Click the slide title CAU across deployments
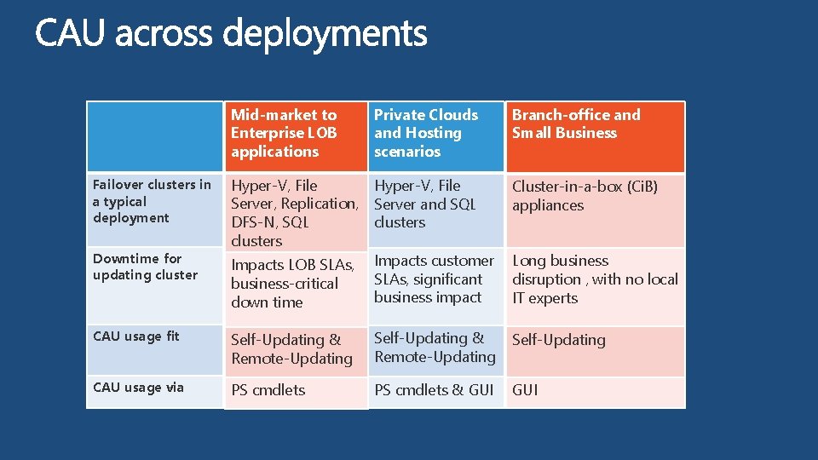(x=231, y=35)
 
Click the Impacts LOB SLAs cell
(x=292, y=284)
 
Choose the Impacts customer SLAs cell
(x=434, y=279)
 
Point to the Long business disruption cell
(x=595, y=279)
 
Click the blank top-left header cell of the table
(x=155, y=136)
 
